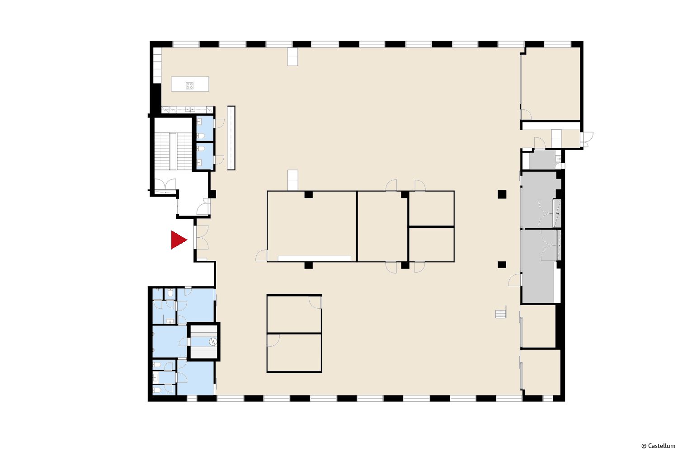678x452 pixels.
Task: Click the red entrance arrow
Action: click(x=178, y=240)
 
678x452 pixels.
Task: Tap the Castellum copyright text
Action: click(x=658, y=446)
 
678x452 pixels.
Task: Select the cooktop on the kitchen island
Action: click(x=189, y=86)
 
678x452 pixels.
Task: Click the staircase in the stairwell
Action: click(x=173, y=151)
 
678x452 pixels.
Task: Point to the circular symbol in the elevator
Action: click(x=213, y=342)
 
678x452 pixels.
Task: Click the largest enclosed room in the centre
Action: click(x=312, y=226)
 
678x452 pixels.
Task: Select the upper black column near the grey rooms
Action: click(x=502, y=194)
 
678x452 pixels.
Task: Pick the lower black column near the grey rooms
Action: click(x=502, y=264)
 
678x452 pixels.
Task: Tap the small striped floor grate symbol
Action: click(x=501, y=314)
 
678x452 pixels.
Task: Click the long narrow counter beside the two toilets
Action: click(x=231, y=138)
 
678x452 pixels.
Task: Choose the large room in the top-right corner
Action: click(x=550, y=84)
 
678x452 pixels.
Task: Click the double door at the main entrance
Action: click(x=202, y=237)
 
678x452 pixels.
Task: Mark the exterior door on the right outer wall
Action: click(x=587, y=139)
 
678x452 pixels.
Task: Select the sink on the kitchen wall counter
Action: click(x=190, y=109)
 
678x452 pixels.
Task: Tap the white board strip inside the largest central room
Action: click(x=315, y=259)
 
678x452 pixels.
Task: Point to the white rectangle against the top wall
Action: click(x=292, y=56)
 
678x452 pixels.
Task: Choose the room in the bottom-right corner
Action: click(x=541, y=372)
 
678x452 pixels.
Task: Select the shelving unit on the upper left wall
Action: click(x=157, y=65)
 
